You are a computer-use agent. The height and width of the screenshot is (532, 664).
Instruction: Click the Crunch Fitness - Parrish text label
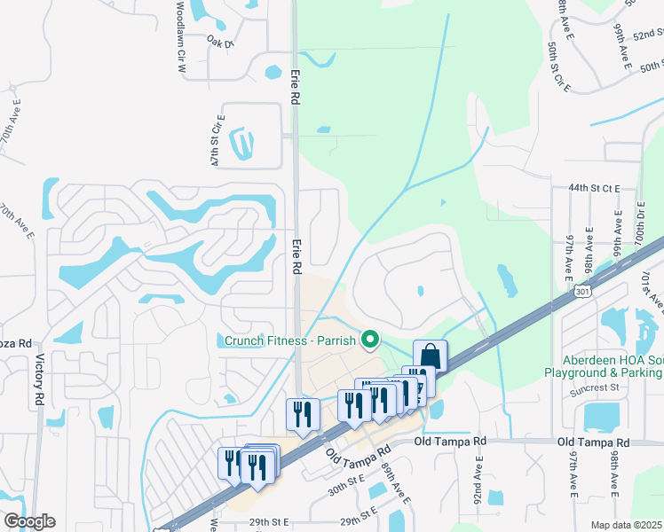(x=289, y=340)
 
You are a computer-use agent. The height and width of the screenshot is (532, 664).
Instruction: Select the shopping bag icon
(x=431, y=356)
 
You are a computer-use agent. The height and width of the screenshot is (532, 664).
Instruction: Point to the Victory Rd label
(x=38, y=380)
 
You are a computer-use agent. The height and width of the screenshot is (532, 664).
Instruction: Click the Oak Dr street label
(x=219, y=41)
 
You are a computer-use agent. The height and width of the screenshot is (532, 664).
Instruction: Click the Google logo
(x=29, y=521)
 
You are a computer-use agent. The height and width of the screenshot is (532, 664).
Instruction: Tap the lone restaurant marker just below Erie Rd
(x=303, y=414)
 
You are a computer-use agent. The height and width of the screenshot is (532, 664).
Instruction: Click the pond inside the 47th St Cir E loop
(x=241, y=140)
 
